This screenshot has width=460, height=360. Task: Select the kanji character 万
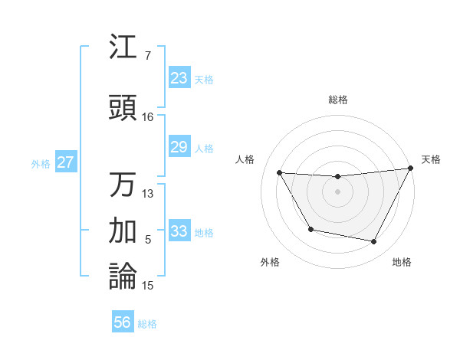coord(123,185)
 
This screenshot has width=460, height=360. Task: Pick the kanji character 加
coord(123,230)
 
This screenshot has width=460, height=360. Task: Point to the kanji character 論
coord(123,276)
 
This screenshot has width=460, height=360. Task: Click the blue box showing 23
coord(179,78)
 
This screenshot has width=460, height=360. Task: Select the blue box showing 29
coord(179,147)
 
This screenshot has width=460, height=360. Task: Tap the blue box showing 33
coord(179,231)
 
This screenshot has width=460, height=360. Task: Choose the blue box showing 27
coord(66,162)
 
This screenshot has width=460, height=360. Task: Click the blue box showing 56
coord(123,322)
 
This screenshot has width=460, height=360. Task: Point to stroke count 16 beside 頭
coord(147,117)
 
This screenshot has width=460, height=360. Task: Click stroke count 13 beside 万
coord(147,193)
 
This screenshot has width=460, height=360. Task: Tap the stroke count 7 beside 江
coord(147,56)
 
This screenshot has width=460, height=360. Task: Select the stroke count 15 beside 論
coord(147,286)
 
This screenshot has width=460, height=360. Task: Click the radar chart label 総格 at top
coord(337,100)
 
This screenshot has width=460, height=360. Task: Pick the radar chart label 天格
coord(431,159)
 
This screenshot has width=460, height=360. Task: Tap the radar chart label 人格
coord(245,159)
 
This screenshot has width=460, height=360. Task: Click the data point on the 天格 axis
coord(411,168)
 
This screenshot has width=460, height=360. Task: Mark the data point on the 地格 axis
coord(374,242)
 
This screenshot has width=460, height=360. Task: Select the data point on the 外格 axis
coord(310,229)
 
